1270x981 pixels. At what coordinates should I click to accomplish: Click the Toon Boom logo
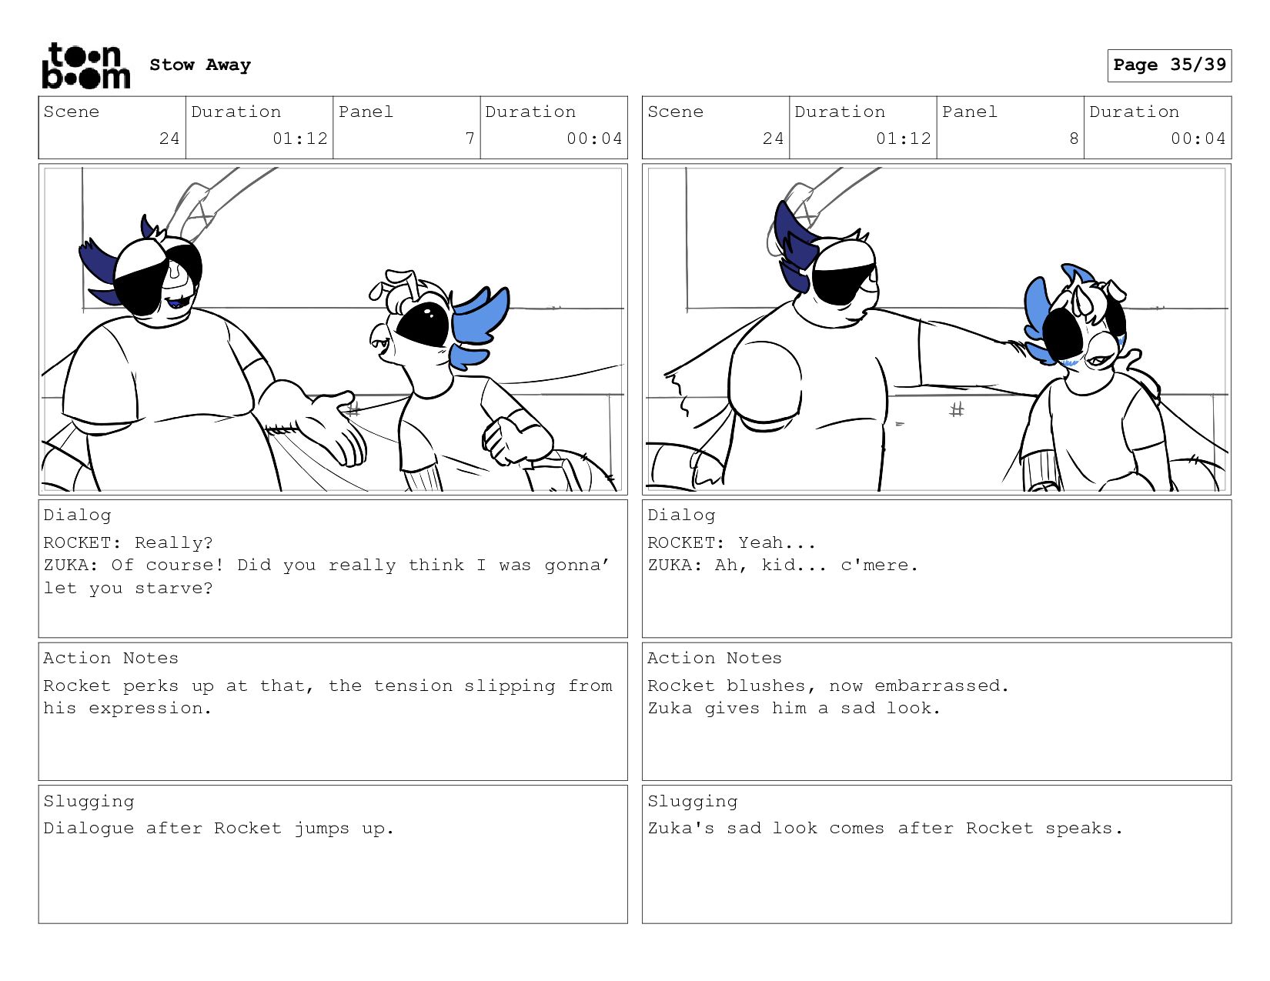pyautogui.click(x=86, y=66)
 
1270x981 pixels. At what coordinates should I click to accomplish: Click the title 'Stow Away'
pyautogui.click(x=200, y=65)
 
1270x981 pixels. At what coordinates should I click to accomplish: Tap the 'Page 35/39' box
pyautogui.click(x=1169, y=65)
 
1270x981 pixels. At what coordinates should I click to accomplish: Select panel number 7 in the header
pyautogui.click(x=470, y=138)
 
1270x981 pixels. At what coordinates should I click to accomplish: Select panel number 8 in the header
pyautogui.click(x=1074, y=138)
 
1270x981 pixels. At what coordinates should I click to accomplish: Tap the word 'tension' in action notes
pyautogui.click(x=413, y=686)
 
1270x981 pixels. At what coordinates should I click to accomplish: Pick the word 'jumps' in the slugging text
pyautogui.click(x=322, y=829)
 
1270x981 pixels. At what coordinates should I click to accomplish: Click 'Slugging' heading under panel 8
pyautogui.click(x=693, y=802)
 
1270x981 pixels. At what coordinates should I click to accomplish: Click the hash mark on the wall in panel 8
pyautogui.click(x=956, y=409)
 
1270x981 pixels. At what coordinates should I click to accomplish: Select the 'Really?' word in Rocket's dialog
pyautogui.click(x=174, y=542)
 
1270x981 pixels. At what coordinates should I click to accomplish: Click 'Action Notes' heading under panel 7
pyautogui.click(x=111, y=658)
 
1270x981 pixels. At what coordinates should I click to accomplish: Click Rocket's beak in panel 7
pyautogui.click(x=381, y=339)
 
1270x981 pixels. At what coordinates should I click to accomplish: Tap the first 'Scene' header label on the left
pyautogui.click(x=72, y=112)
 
